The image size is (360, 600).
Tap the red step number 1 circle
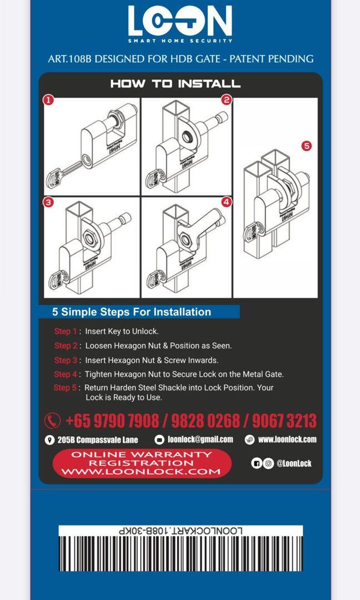(49, 100)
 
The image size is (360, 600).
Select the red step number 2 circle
(226, 100)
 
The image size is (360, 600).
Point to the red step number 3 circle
(49, 202)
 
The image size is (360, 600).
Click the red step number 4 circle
(226, 202)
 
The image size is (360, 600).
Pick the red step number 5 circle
(306, 146)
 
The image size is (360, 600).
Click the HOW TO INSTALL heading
(175, 84)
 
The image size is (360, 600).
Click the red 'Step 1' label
(66, 331)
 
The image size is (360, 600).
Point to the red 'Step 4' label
(66, 374)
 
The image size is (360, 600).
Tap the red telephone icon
(52, 420)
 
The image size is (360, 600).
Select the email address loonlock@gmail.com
(200, 439)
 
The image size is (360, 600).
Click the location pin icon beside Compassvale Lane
(49, 440)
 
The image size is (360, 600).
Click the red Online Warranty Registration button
(142, 463)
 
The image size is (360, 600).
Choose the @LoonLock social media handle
(293, 463)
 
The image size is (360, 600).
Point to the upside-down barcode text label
(181, 531)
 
